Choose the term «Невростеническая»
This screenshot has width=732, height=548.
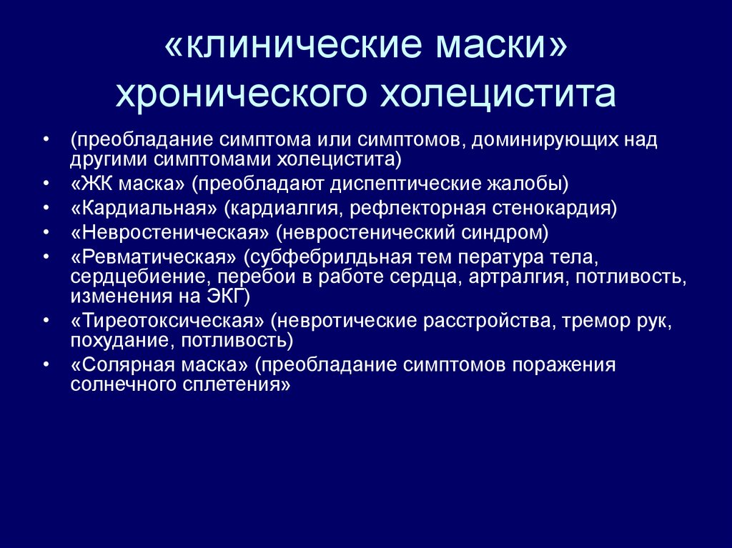click(x=171, y=232)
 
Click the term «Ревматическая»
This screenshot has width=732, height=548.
click(x=153, y=256)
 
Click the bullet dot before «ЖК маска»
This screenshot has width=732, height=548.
click(x=46, y=185)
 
